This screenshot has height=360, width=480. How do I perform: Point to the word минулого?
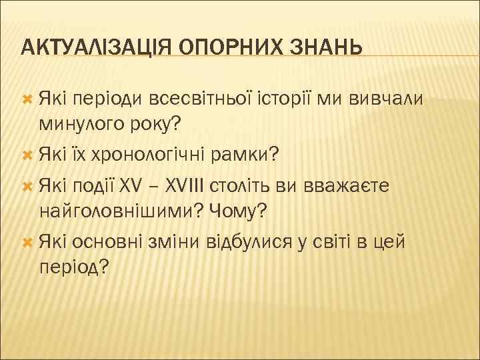81,124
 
